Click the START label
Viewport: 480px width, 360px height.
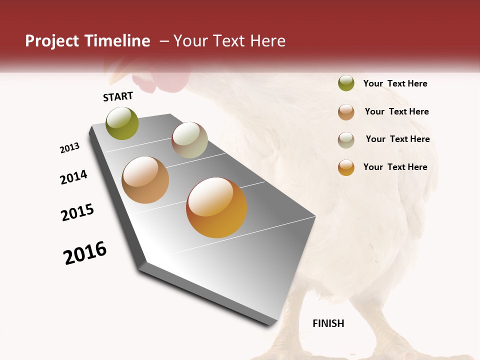[118, 96]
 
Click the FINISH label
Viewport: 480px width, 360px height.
[328, 323]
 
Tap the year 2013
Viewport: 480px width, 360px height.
[69, 148]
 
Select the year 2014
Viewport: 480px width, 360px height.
[73, 177]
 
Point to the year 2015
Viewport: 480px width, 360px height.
[77, 212]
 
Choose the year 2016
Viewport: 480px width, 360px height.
[85, 253]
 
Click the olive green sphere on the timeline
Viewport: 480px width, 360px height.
[122, 123]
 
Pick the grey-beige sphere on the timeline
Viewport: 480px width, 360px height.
[189, 140]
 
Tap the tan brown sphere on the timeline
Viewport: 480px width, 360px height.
[145, 180]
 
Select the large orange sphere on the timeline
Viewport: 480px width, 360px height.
[216, 207]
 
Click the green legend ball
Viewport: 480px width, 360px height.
[346, 83]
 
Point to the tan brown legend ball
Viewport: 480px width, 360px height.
[346, 112]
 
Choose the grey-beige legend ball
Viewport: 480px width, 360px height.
[346, 139]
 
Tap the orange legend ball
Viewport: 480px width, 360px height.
[346, 167]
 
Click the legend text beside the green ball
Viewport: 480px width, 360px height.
[395, 83]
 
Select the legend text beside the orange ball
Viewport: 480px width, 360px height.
[395, 167]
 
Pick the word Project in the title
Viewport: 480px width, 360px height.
[51, 41]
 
